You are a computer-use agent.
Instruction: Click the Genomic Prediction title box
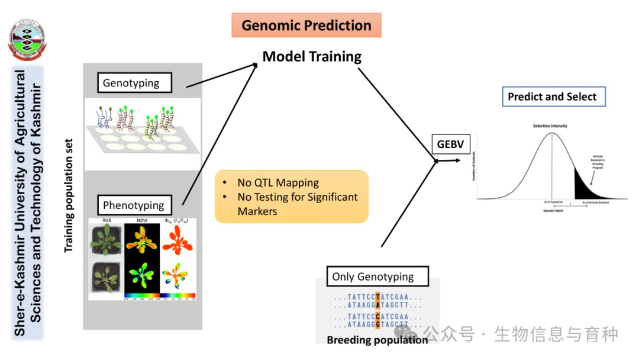point(306,25)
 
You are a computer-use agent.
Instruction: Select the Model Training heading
point(312,57)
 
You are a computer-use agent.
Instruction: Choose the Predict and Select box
point(553,97)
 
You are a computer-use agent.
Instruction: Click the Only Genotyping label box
point(373,277)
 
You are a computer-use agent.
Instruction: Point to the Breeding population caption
point(377,340)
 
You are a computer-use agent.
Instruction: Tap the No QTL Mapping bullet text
point(278,183)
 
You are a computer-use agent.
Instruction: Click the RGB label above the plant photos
point(106,220)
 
